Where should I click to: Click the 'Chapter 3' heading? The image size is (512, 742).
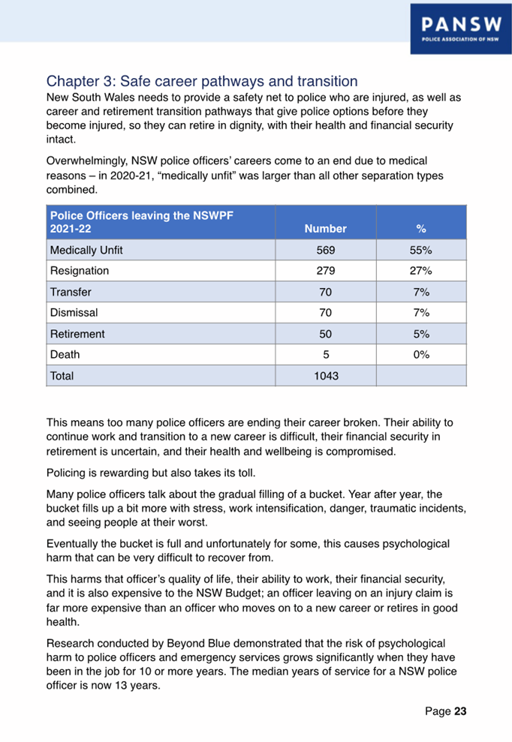pos(202,80)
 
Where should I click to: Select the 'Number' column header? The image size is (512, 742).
pos(326,228)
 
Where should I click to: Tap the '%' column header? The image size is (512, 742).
pos(421,228)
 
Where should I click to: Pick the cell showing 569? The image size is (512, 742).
pos(326,250)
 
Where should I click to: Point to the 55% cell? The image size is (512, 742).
pos(421,250)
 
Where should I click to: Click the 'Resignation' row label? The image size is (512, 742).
pos(79,270)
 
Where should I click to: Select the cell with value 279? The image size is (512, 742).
pos(326,270)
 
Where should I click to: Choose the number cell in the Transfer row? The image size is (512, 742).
pos(326,291)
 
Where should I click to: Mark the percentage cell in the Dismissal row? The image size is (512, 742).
pos(421,312)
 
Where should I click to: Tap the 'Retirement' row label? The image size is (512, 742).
pos(77,333)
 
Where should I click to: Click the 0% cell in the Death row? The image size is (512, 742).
pos(421,354)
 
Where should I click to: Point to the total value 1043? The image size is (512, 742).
pos(326,375)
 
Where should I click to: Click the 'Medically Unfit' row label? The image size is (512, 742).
pos(86,250)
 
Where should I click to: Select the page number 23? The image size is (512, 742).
pos(459,711)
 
